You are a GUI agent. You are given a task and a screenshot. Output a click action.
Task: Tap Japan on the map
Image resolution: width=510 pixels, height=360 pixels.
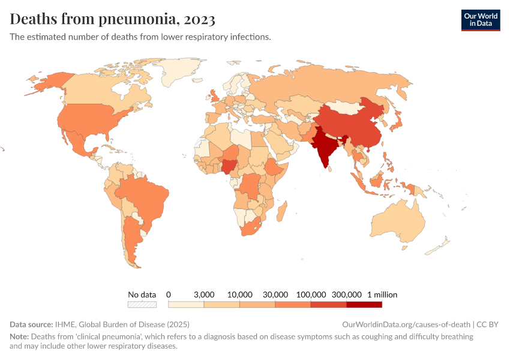(x=397, y=124)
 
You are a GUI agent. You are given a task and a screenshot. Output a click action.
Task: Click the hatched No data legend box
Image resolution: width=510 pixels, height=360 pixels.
(x=142, y=305)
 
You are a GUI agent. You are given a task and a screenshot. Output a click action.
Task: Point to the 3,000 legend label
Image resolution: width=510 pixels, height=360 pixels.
(x=204, y=295)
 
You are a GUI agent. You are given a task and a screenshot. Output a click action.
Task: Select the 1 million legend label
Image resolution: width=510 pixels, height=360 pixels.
(x=382, y=295)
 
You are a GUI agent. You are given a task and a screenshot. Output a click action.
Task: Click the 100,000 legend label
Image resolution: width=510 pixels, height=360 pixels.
(x=311, y=295)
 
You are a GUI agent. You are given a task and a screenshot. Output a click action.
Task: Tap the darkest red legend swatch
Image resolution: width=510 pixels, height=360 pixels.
(x=364, y=305)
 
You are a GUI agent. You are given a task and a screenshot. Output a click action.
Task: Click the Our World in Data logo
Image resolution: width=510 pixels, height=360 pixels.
(x=480, y=19)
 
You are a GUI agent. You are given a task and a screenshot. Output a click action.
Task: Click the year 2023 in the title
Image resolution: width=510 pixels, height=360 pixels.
(x=200, y=19)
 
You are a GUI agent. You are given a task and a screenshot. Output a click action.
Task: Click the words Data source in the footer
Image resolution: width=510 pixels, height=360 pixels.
(x=31, y=324)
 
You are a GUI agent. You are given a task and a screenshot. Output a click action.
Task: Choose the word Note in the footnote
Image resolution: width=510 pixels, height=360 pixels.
(x=19, y=337)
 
